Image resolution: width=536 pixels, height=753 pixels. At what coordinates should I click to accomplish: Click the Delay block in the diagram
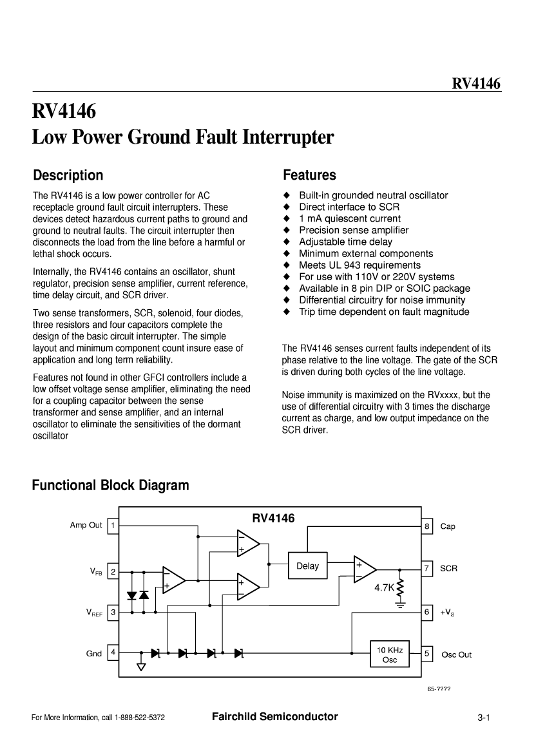307,566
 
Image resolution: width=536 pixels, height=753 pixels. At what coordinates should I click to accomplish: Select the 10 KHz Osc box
390,655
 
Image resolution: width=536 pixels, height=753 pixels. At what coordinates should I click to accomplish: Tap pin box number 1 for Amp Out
113,526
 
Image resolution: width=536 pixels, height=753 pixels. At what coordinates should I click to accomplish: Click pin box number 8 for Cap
427,526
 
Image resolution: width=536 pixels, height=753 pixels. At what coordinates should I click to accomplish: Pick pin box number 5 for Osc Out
427,654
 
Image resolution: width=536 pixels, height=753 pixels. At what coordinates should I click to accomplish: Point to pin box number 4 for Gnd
113,653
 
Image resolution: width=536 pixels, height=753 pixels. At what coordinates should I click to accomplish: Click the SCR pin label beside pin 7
448,569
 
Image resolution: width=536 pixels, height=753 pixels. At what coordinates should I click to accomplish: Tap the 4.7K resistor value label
384,587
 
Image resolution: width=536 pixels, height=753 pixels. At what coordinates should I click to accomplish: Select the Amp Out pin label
86,525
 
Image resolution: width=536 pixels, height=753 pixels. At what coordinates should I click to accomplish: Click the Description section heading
68,175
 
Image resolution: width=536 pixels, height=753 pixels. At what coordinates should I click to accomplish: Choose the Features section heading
309,175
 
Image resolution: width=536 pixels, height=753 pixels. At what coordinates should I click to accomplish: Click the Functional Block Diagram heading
111,485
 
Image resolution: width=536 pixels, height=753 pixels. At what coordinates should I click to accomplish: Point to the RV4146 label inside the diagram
273,518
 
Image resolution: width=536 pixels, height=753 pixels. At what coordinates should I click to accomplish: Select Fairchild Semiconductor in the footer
274,716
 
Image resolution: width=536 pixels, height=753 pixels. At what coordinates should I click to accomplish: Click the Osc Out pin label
456,654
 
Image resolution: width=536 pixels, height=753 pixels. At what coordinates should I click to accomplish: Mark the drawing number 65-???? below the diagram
438,689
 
